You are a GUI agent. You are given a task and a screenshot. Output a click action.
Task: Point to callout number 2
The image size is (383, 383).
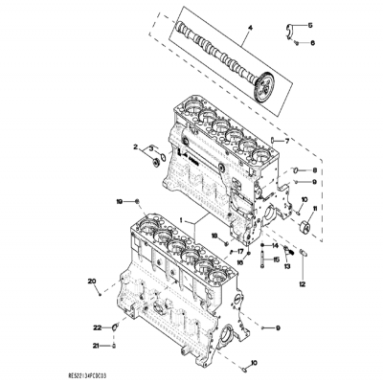(x=137, y=146)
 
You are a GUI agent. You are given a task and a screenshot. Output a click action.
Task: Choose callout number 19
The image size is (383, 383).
(x=119, y=202)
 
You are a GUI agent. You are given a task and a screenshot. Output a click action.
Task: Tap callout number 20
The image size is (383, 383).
(x=93, y=281)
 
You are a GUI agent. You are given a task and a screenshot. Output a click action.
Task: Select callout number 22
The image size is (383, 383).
(x=97, y=327)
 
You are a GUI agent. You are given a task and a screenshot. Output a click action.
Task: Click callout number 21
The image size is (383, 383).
(x=96, y=346)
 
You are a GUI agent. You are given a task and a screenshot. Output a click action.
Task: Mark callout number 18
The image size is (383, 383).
(x=214, y=234)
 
